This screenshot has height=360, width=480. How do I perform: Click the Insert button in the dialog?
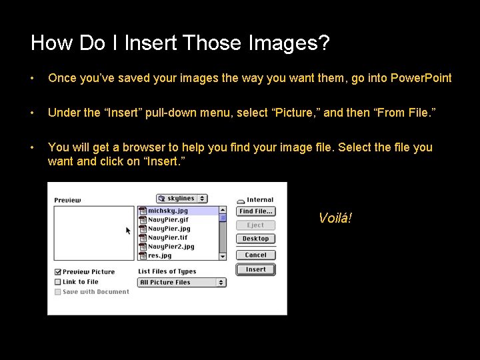(255, 270)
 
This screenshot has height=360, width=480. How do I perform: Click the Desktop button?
(255, 239)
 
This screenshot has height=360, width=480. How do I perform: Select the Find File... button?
(255, 211)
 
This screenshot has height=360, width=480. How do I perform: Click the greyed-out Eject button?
(255, 225)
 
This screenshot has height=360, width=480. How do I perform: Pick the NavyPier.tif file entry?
(168, 237)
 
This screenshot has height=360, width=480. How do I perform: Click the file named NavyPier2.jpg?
(171, 247)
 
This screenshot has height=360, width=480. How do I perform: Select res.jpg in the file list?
(160, 255)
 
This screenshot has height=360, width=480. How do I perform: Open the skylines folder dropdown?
(181, 199)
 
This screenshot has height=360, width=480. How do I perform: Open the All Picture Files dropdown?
(182, 283)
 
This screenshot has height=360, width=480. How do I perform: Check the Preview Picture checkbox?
(58, 272)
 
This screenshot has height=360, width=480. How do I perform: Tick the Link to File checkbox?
(58, 282)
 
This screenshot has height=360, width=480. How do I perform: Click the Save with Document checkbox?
(58, 292)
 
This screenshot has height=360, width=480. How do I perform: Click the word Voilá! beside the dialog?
(335, 218)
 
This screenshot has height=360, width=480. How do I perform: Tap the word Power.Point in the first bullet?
(421, 78)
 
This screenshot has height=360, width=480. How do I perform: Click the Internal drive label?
(259, 200)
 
